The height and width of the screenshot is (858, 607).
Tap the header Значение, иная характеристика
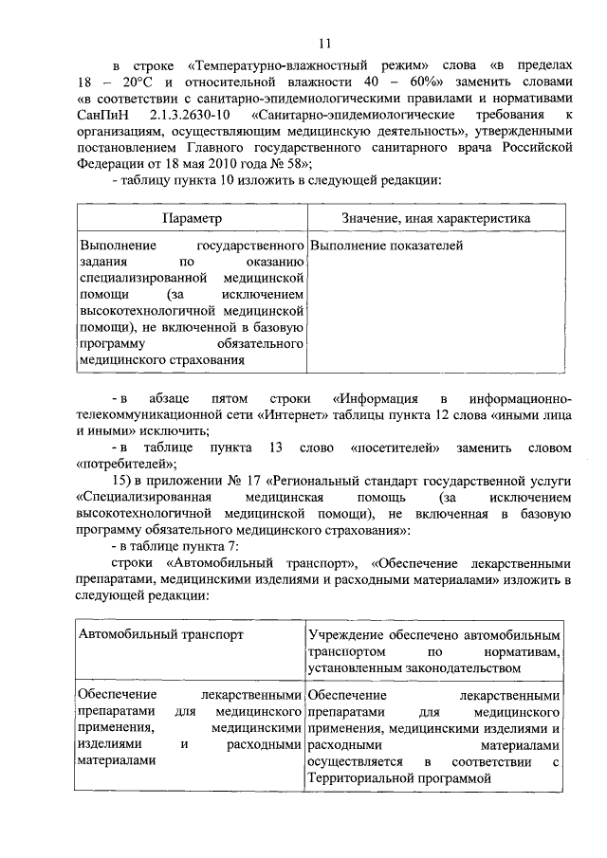[435, 218]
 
